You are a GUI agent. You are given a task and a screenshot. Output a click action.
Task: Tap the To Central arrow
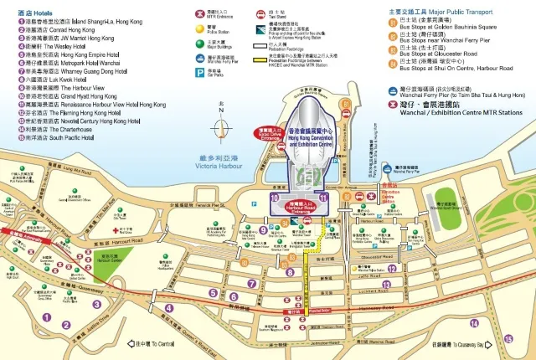(x=151, y=343)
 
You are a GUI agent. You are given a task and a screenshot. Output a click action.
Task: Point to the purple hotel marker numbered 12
(x=393, y=268)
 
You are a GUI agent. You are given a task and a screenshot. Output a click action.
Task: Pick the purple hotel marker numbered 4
(x=169, y=308)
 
